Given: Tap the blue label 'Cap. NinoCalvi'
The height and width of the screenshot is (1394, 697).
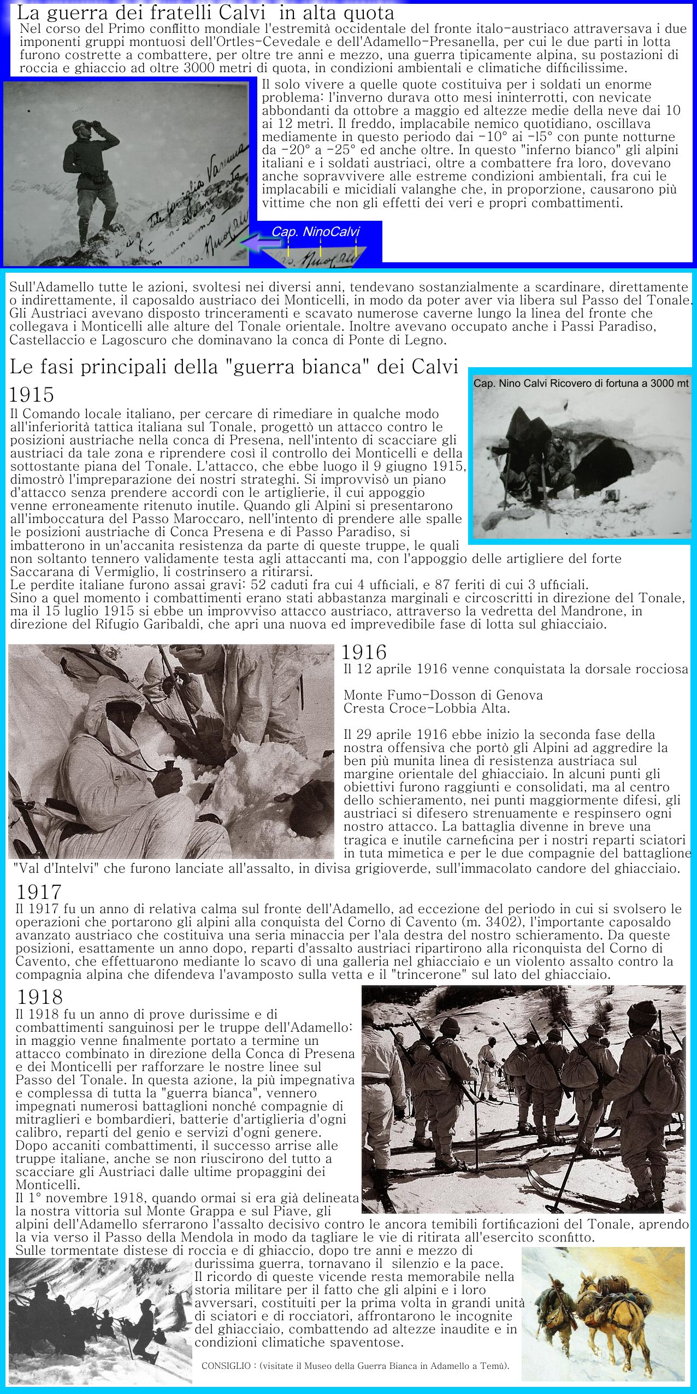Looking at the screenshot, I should pos(315,232).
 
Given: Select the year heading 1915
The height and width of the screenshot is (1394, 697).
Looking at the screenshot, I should pos(32,395).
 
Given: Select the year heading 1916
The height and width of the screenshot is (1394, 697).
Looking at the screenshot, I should pos(364,652).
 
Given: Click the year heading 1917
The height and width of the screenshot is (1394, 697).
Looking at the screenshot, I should pos(38,892).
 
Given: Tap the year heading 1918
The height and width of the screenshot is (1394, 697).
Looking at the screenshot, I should pos(39,997).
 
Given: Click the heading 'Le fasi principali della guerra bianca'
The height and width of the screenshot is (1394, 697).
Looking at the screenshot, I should pos(234,367).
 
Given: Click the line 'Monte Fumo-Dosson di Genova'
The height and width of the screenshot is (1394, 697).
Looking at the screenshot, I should pos(443,695).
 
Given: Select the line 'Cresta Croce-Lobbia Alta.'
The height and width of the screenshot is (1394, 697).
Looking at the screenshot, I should pos(426,708).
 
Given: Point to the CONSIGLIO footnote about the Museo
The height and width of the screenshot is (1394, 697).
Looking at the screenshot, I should pos(355,1366).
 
